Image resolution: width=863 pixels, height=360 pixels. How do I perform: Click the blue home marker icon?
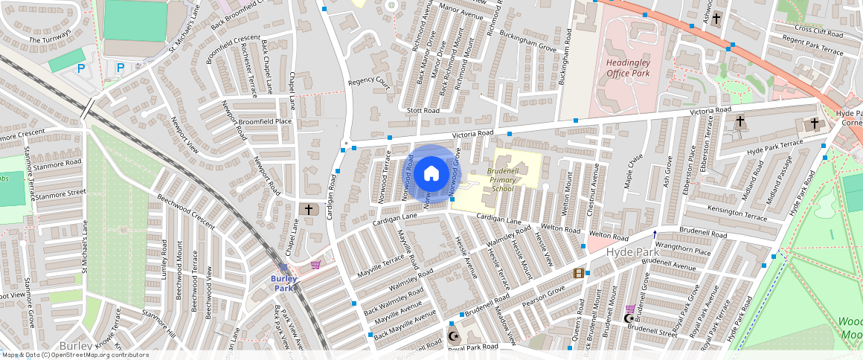tap(431, 174)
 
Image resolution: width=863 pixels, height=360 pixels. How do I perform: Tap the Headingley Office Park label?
tap(628, 68)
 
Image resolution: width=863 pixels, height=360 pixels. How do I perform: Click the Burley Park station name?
tap(284, 283)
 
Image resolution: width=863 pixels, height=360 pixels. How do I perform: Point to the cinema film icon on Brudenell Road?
tap(579, 273)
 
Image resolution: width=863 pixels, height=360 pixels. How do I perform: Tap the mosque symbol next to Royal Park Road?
tap(452, 336)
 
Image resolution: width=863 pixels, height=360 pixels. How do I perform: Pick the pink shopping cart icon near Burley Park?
tap(316, 265)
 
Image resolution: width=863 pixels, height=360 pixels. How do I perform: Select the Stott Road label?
tap(423, 110)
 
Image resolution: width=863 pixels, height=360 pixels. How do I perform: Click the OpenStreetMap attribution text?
tap(75, 355)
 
